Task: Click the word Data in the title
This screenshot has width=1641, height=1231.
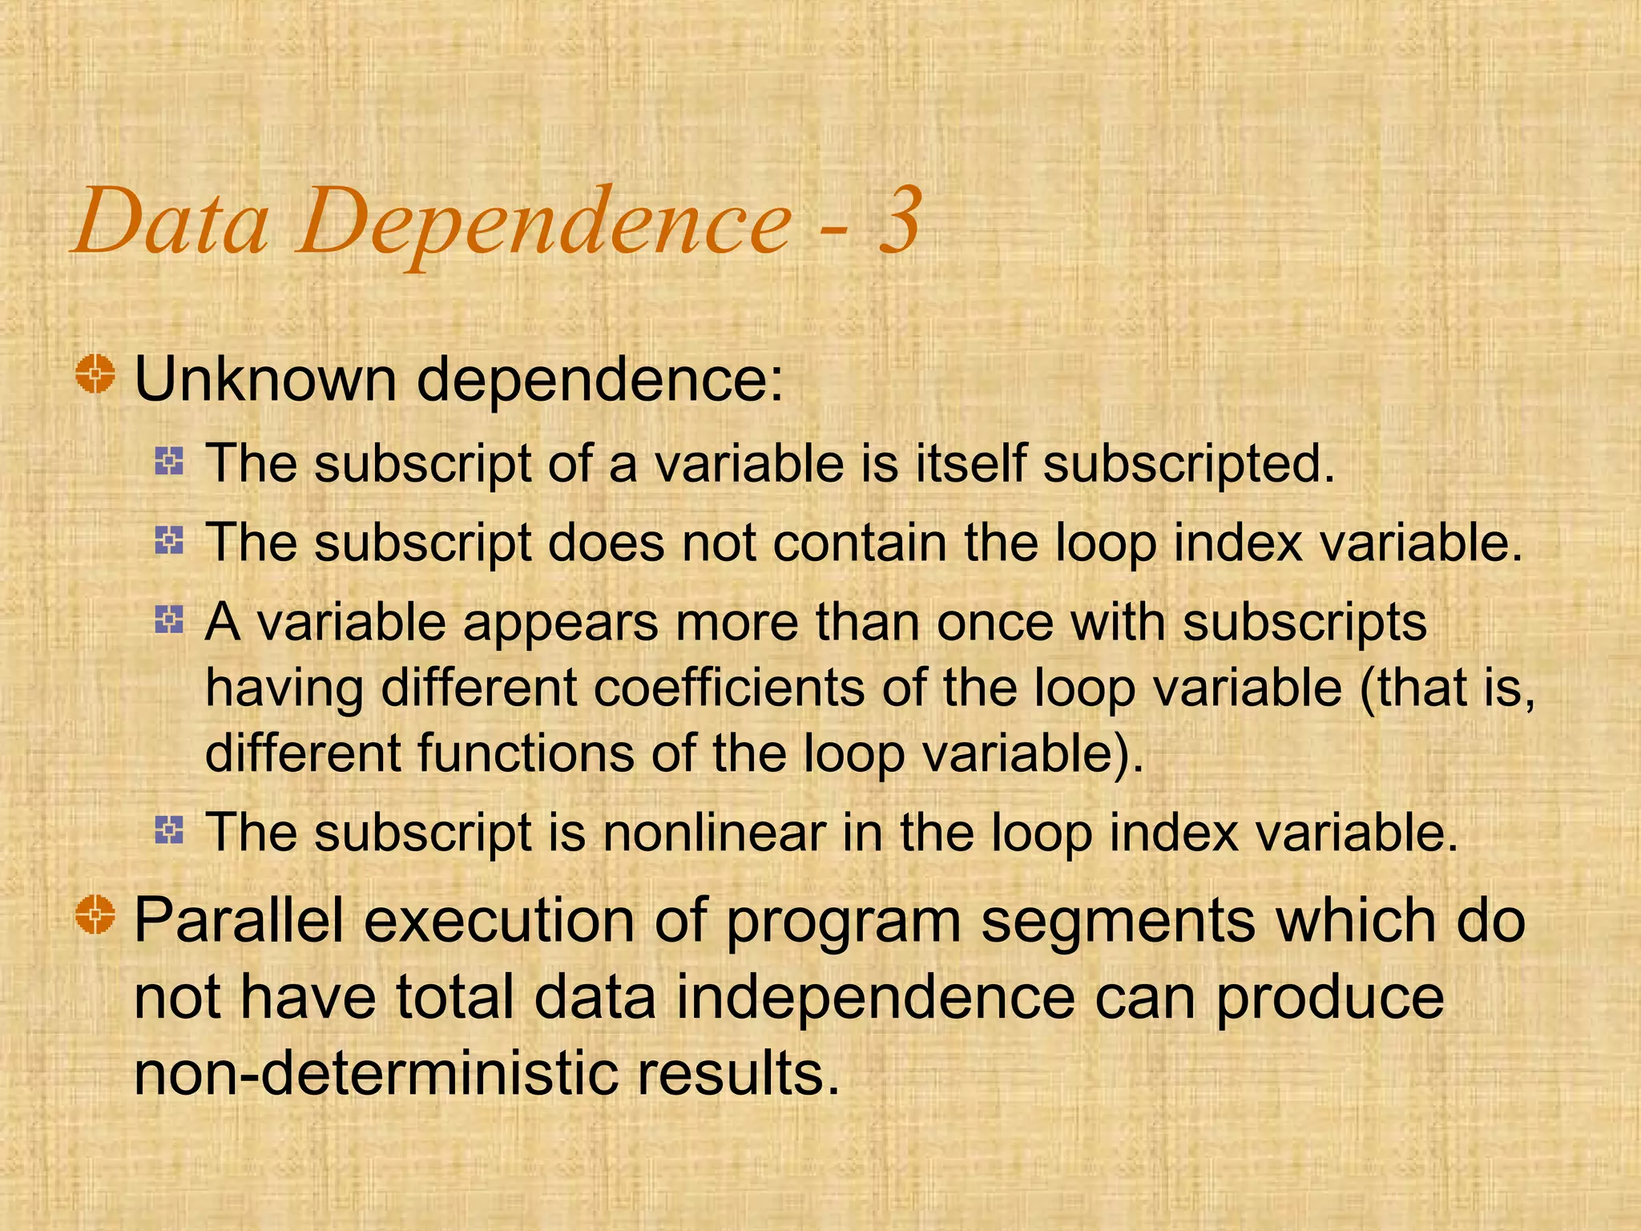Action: pos(171,222)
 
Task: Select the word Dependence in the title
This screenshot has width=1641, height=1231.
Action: pos(545,224)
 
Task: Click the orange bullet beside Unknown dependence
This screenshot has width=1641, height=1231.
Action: pos(95,373)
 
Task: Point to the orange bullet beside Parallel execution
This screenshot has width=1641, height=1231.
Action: pos(95,914)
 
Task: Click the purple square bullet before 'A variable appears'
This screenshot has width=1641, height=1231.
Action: pos(169,620)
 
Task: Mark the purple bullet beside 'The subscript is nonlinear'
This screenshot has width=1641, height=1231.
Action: pos(169,829)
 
